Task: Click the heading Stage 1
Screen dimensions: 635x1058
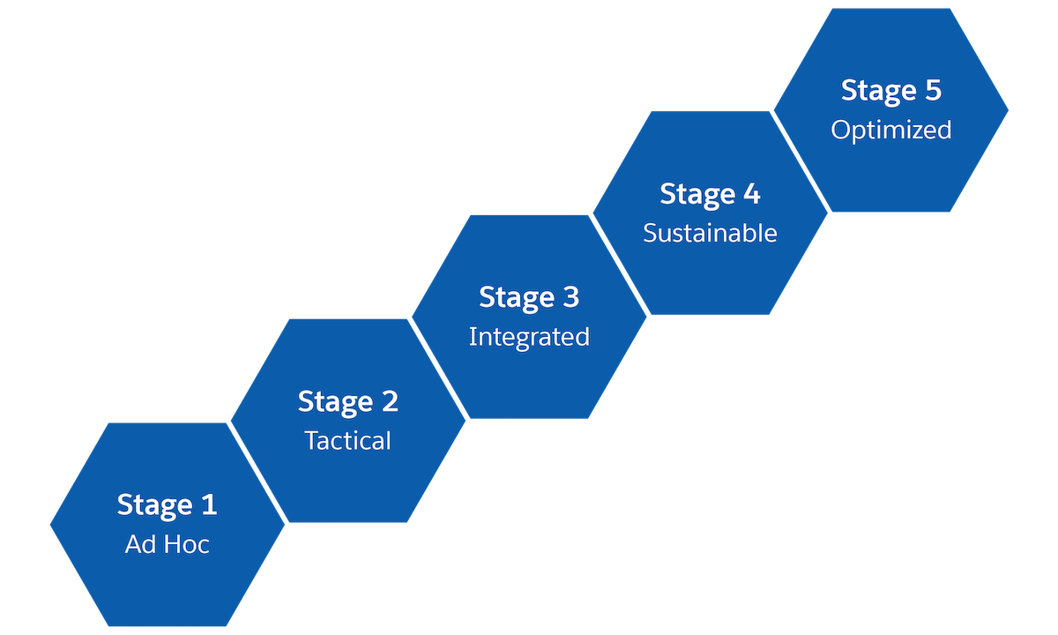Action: [167, 505]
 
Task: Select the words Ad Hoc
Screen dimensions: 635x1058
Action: [167, 544]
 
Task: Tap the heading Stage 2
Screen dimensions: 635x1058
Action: [348, 402]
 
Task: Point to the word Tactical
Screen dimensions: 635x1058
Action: [348, 440]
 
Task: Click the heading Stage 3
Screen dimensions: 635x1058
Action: [529, 298]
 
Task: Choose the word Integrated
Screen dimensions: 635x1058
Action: [529, 337]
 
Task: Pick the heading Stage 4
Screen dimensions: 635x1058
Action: [710, 195]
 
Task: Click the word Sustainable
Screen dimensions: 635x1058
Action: [710, 233]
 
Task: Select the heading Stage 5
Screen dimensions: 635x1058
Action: [891, 91]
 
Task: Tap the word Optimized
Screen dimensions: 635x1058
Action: [891, 130]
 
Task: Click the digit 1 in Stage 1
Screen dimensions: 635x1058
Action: [208, 505]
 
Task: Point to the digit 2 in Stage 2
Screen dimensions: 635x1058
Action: [389, 402]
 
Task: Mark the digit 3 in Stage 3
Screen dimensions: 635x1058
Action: [570, 298]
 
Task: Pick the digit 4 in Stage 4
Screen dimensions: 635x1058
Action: [751, 195]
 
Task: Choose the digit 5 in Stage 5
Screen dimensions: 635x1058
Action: [932, 91]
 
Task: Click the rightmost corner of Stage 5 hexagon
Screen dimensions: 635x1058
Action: [1008, 110]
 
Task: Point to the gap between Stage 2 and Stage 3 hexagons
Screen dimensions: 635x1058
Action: [438, 369]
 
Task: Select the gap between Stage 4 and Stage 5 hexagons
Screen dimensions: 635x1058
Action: [801, 161]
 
